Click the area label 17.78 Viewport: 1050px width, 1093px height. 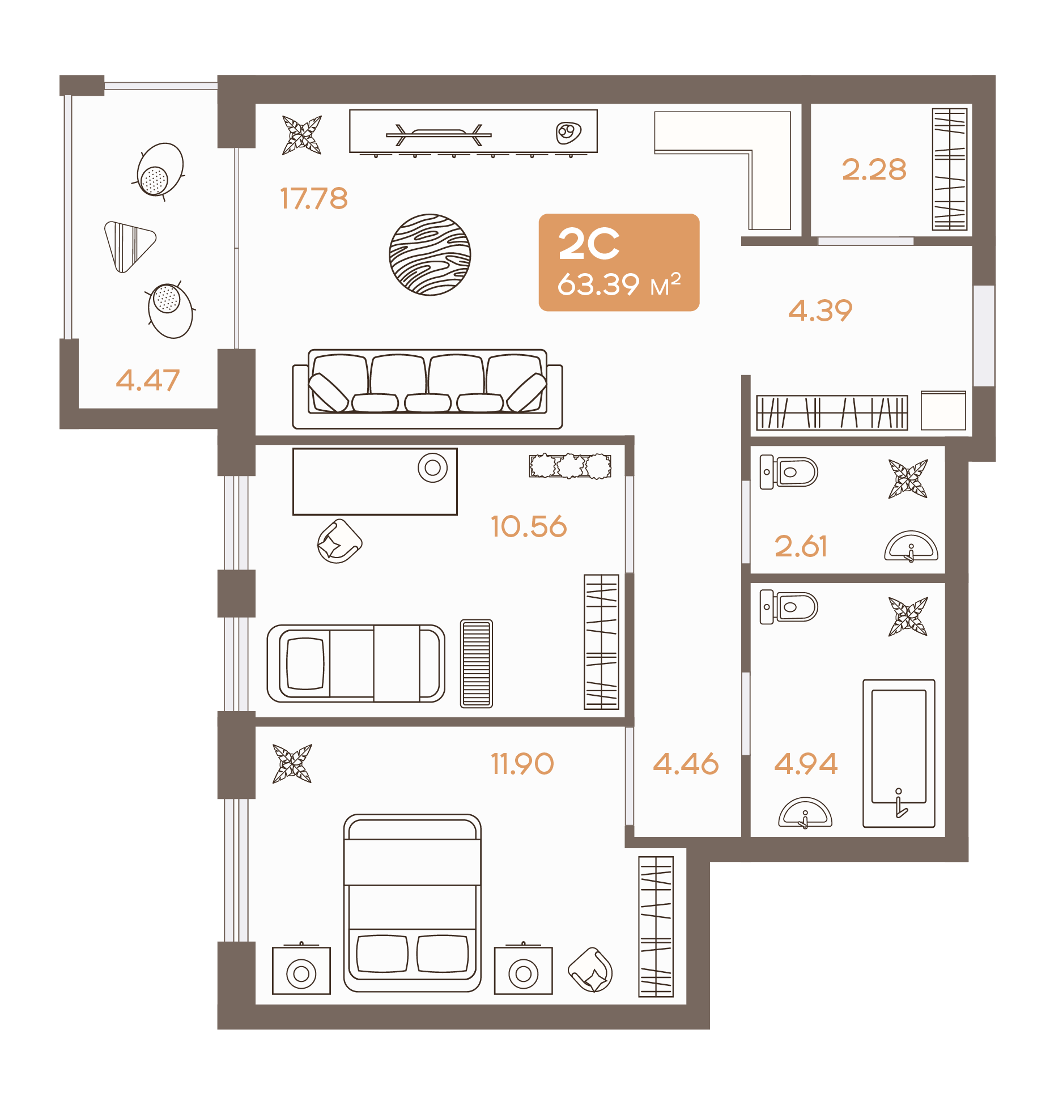tap(314, 198)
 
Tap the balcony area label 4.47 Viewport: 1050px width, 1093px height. tap(148, 380)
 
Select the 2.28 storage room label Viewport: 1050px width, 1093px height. tap(874, 169)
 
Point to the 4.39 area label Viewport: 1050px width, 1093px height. tap(821, 311)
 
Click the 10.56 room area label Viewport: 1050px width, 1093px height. tap(529, 526)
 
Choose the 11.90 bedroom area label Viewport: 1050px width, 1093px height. tap(522, 764)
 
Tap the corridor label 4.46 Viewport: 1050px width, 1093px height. tap(686, 764)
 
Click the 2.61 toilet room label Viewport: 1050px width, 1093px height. tap(801, 546)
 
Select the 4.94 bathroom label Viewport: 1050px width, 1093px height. tap(806, 764)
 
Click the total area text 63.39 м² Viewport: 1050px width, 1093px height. tap(619, 284)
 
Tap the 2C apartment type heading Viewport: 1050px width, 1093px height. tap(589, 244)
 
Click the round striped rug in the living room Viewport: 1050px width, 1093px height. tap(430, 254)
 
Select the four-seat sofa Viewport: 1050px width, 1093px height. tap(427, 389)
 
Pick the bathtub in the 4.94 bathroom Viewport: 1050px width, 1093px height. tap(899, 753)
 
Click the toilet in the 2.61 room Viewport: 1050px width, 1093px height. tap(789, 472)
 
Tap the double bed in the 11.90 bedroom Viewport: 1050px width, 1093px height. tap(413, 903)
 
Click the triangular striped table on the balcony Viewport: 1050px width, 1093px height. tap(130, 245)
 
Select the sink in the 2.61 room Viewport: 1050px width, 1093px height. tap(911, 546)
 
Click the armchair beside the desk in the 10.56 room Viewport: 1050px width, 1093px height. tap(339, 541)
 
